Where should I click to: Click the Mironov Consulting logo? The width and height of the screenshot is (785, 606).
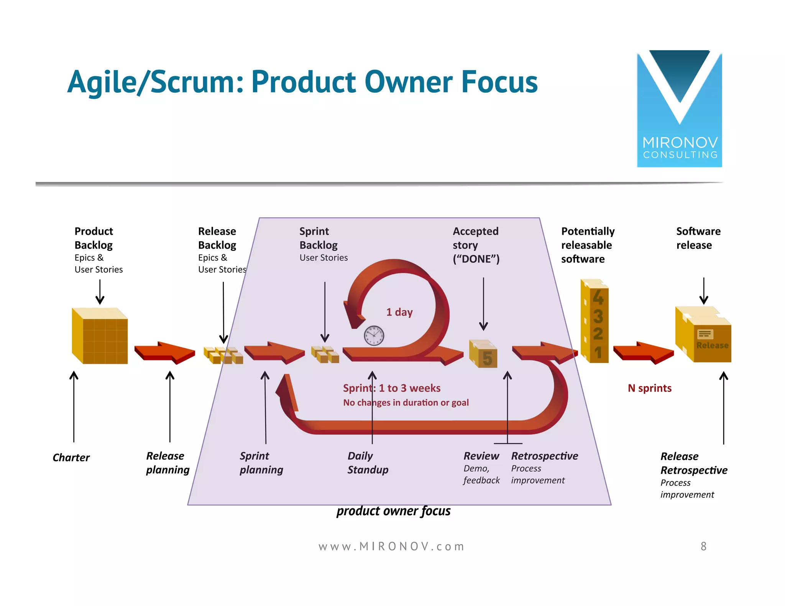(x=679, y=109)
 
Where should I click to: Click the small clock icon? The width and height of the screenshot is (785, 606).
(x=374, y=336)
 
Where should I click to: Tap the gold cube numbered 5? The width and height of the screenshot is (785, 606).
(x=484, y=354)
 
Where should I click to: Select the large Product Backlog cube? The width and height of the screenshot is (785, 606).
(x=100, y=336)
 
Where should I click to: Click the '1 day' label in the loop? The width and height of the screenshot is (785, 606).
(x=399, y=312)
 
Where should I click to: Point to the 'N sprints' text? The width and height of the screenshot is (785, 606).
(x=649, y=388)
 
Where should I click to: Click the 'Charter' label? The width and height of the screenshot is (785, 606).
(x=71, y=457)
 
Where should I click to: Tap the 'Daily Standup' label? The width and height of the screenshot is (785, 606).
(x=368, y=463)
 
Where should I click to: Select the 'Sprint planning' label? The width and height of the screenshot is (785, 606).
(x=261, y=463)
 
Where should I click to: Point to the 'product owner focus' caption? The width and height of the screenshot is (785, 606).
(x=393, y=511)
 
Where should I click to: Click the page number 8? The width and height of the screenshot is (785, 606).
(x=703, y=546)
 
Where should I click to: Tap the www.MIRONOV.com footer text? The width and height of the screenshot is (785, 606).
(x=391, y=546)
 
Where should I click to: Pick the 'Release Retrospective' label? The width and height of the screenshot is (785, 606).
(x=693, y=463)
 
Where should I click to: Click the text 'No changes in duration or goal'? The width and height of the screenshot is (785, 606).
(x=406, y=403)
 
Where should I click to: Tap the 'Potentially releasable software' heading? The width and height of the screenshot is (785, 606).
(x=587, y=245)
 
